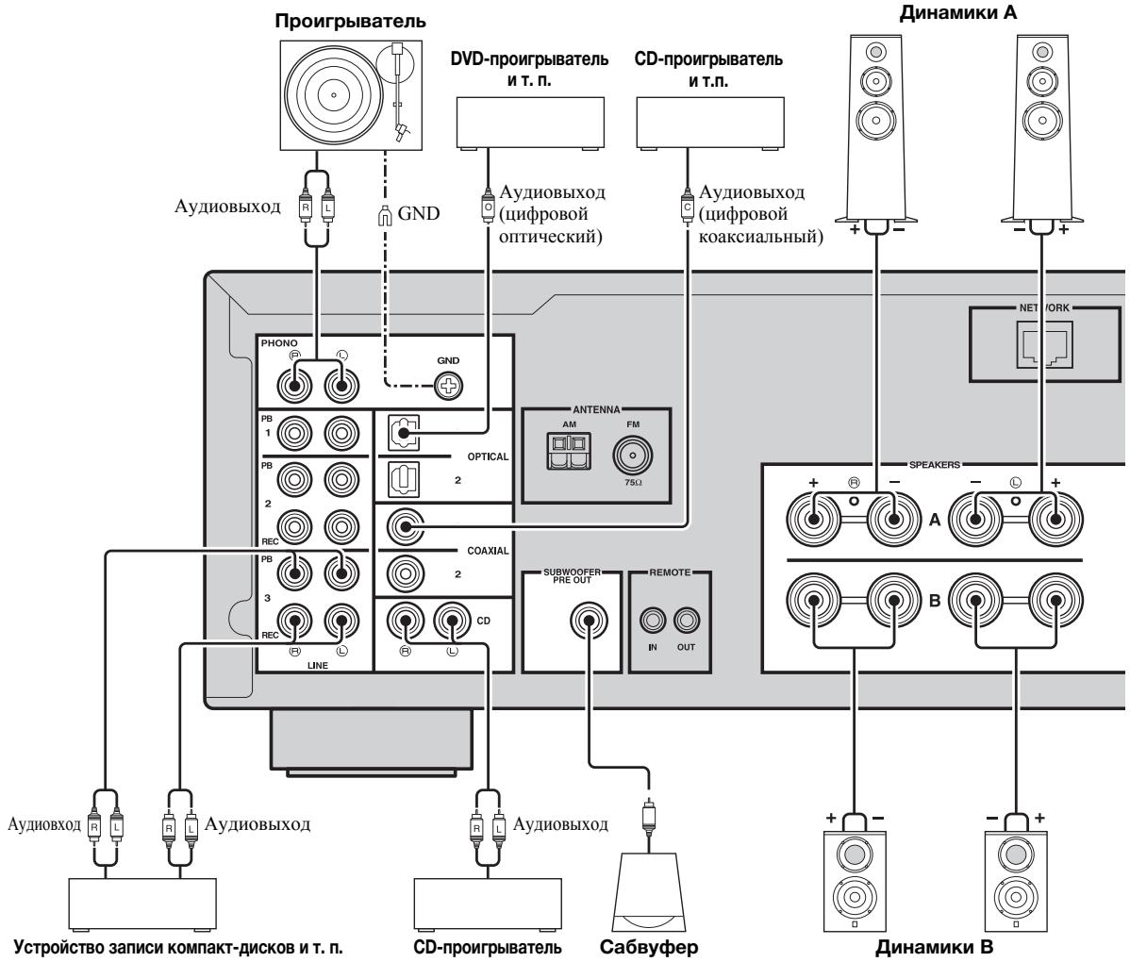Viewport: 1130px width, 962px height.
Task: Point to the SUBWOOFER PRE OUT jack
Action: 588,622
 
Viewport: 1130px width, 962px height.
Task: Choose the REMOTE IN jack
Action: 652,621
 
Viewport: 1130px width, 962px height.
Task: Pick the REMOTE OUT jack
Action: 687,621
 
